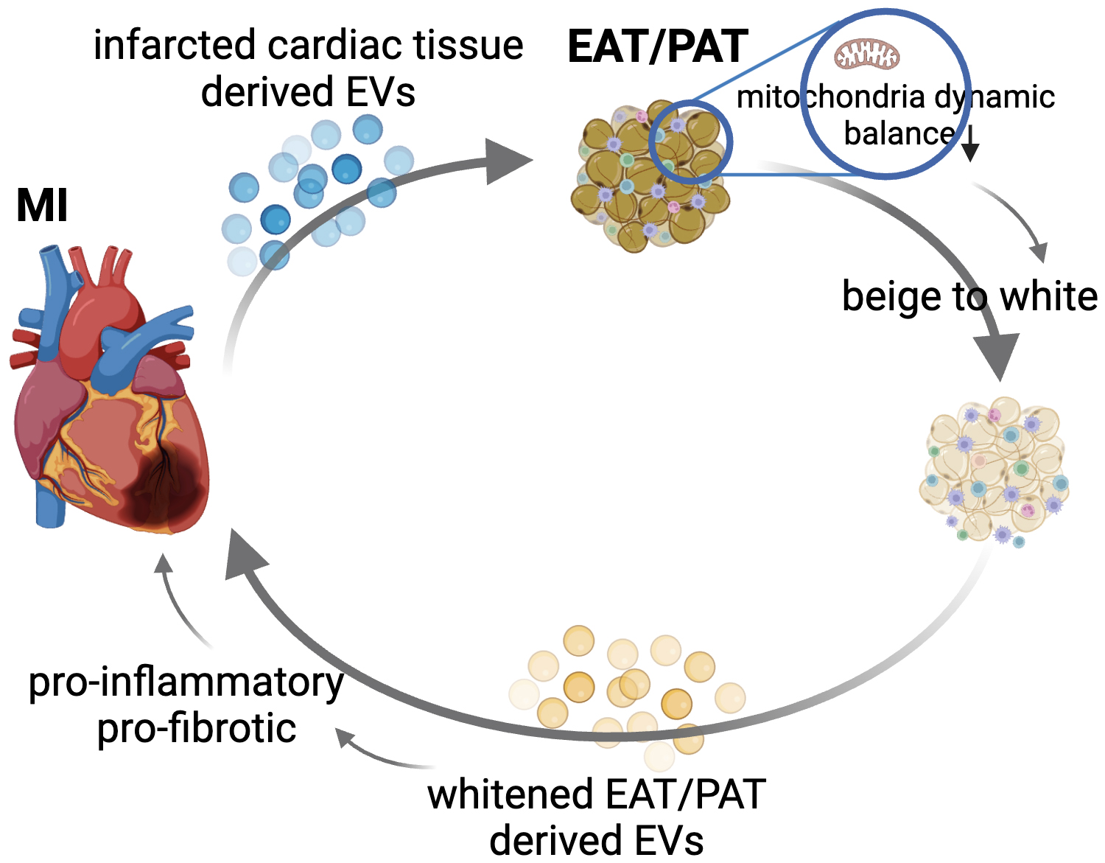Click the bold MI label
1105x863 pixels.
(x=42, y=206)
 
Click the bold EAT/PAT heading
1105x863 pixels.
(x=658, y=47)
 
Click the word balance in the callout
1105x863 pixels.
(x=899, y=134)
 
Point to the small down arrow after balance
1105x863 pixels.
(x=971, y=144)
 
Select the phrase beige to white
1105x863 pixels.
(x=969, y=296)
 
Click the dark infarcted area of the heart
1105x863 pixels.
(x=164, y=486)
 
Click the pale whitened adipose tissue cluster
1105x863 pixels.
(x=994, y=472)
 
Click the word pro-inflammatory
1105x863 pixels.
(x=186, y=682)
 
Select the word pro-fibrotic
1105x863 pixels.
(x=197, y=729)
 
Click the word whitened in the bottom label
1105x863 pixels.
(x=511, y=794)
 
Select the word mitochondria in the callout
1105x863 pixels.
(x=831, y=97)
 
